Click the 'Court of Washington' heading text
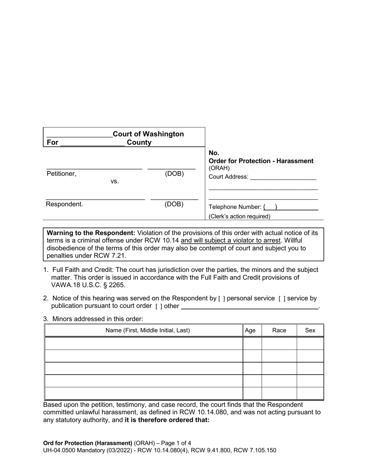click(x=148, y=134)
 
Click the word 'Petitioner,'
click(x=61, y=174)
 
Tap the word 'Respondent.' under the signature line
click(x=64, y=204)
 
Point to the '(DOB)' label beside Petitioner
click(x=174, y=174)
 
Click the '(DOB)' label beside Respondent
click(x=174, y=204)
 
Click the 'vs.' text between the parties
click(x=115, y=181)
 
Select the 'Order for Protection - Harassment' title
click(x=261, y=161)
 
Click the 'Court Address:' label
click(x=228, y=177)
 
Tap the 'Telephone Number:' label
click(x=235, y=207)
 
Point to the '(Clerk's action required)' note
click(x=240, y=217)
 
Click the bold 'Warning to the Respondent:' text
click(x=91, y=233)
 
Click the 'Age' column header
click(x=250, y=330)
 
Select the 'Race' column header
click(x=279, y=330)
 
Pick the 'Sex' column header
click(x=310, y=330)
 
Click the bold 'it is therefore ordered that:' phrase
click(x=167, y=420)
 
